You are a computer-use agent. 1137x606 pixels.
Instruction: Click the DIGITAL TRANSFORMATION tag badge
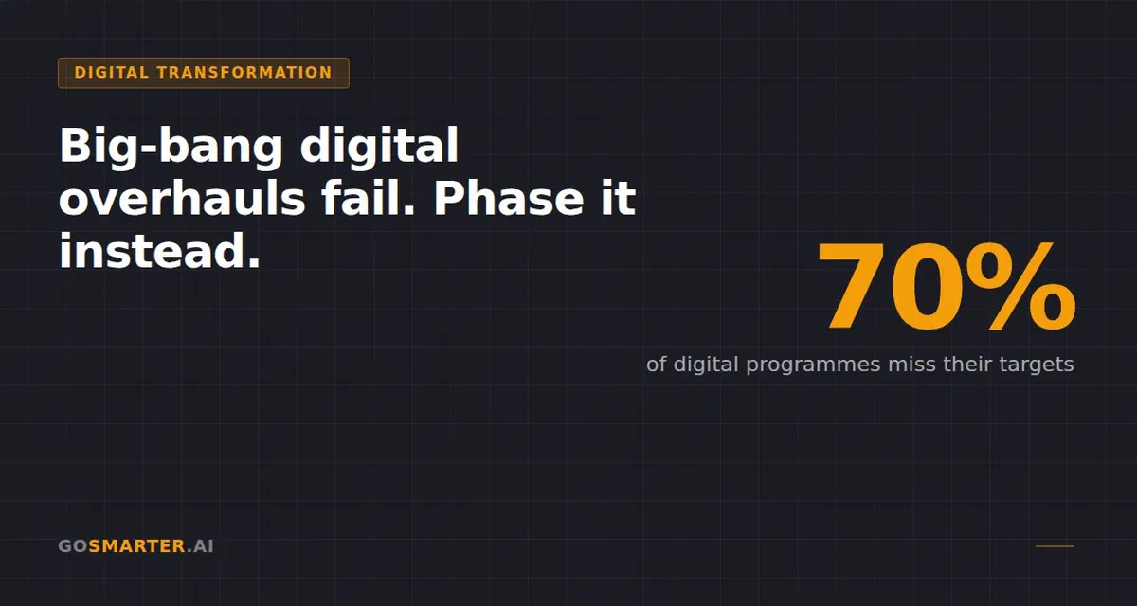click(x=203, y=73)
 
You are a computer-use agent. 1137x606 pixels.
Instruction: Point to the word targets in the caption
click(x=1037, y=365)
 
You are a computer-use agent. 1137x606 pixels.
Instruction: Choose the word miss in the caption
click(x=911, y=365)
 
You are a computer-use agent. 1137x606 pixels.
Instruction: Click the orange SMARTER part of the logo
click(x=136, y=546)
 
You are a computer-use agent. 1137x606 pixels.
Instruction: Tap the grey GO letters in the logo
click(x=73, y=546)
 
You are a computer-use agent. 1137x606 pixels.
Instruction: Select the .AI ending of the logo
click(x=200, y=546)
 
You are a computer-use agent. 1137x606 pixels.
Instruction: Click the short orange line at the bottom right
click(x=1055, y=546)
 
